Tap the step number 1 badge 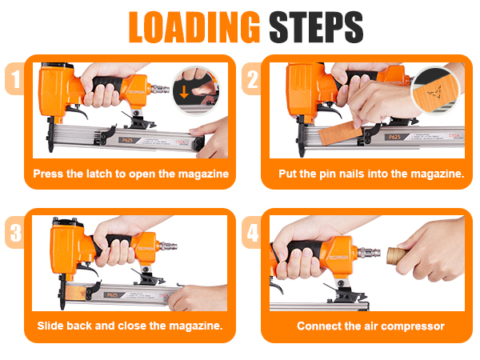coord(14,80)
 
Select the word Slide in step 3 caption coord(52,326)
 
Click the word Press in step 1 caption coord(48,174)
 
